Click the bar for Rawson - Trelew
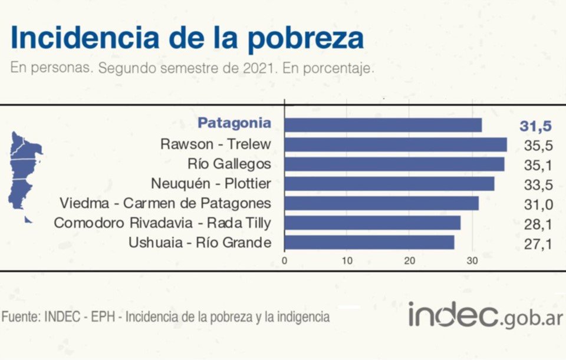395,144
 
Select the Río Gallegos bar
394,164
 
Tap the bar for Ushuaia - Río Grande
369,242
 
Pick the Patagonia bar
383,124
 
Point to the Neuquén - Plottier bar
389,184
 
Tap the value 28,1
538,224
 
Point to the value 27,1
538,244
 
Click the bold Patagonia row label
234,123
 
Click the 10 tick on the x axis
347,260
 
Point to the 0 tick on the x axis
285,260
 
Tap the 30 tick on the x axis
472,260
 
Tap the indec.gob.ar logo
485,315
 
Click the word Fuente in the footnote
20,317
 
